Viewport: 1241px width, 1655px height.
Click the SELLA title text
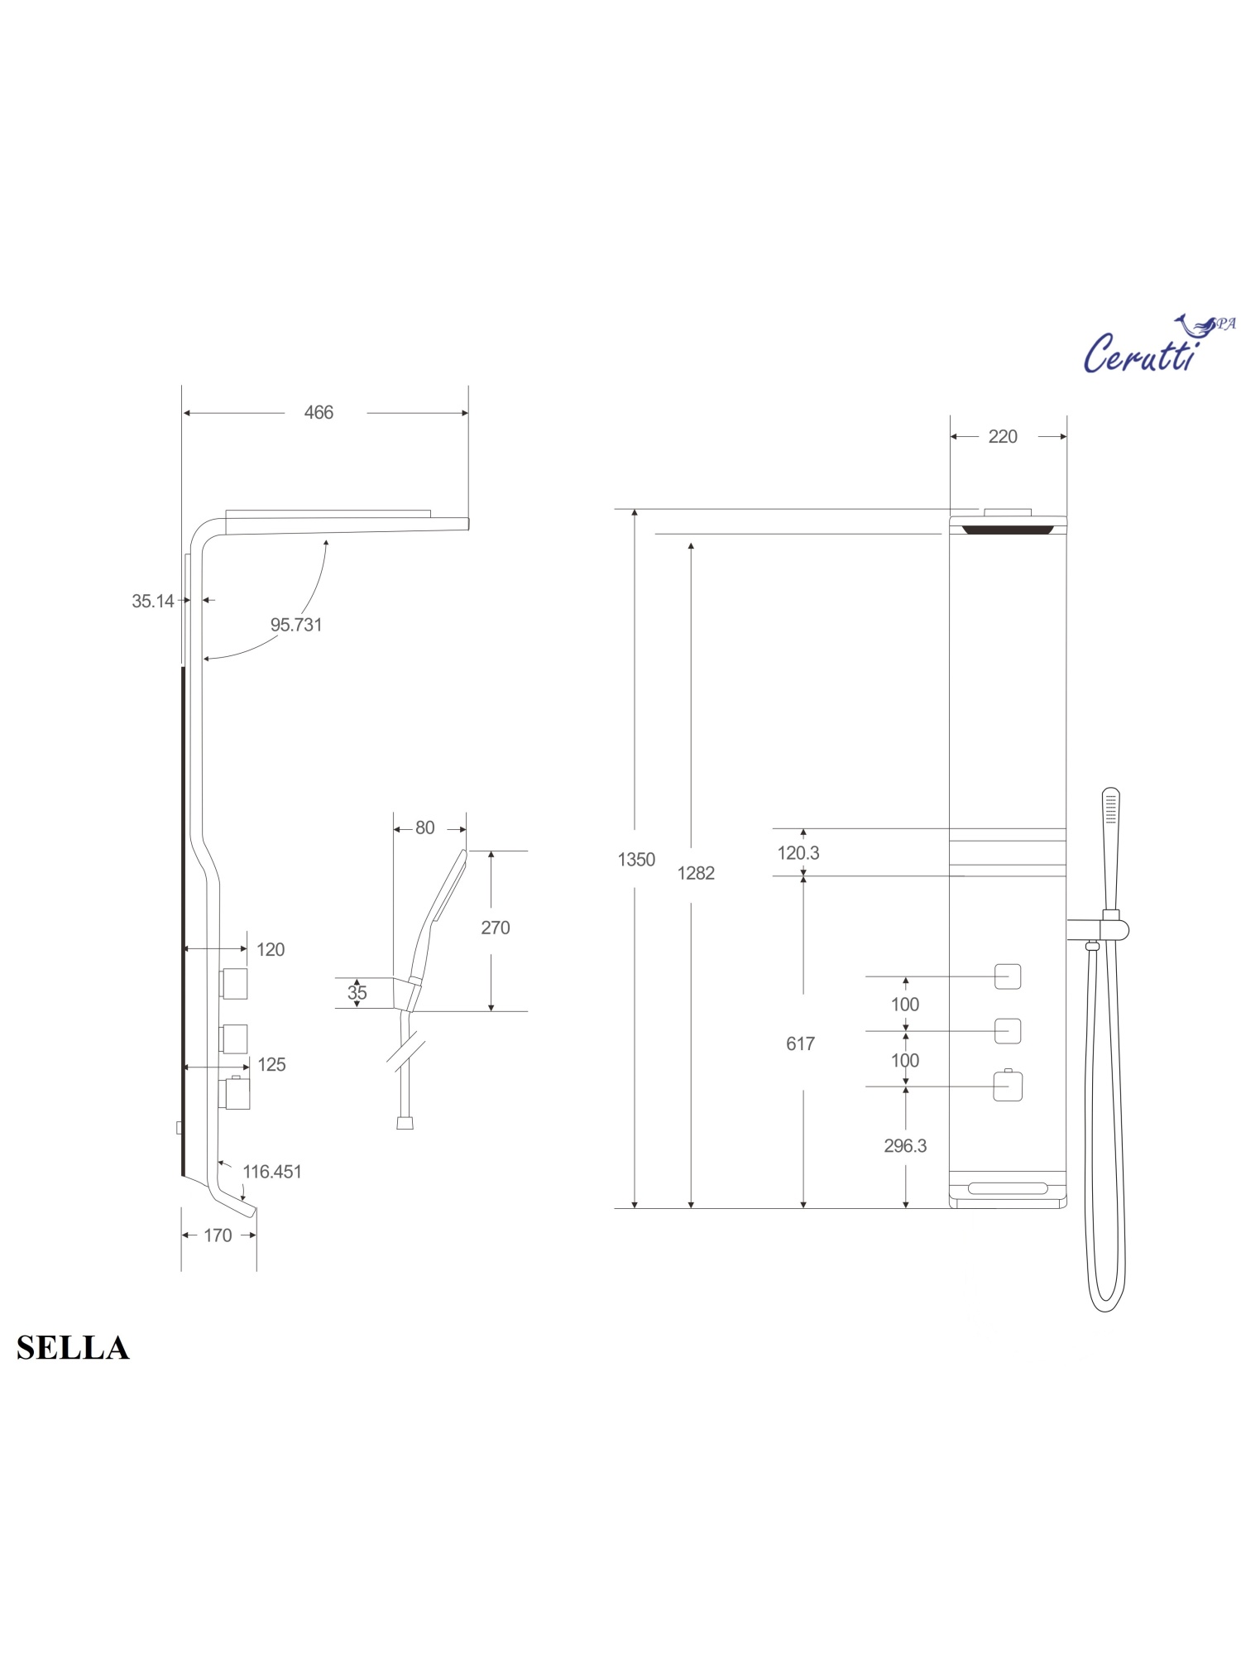click(73, 1348)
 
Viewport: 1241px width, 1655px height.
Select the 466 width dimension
click(319, 412)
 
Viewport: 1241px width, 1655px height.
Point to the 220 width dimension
click(1002, 437)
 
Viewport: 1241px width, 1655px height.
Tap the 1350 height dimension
click(635, 860)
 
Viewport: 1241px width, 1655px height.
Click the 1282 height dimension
click(695, 873)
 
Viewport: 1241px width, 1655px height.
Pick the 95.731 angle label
click(296, 625)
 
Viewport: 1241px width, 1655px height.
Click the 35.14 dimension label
click(153, 602)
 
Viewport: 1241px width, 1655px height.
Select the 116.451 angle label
click(272, 1172)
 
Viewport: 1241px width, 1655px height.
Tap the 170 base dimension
click(218, 1235)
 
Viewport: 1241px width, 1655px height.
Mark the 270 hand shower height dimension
click(495, 928)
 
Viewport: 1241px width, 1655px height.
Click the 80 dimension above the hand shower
click(424, 828)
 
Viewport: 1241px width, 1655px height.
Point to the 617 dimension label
click(800, 1044)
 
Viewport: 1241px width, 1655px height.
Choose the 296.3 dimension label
click(905, 1146)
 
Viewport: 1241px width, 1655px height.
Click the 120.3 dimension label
click(798, 853)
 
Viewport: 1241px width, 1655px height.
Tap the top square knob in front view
click(1007, 976)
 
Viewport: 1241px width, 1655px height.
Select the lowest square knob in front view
click(1008, 1087)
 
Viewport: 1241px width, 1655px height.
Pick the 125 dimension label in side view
click(271, 1065)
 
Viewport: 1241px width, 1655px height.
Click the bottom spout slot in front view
click(1008, 1189)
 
